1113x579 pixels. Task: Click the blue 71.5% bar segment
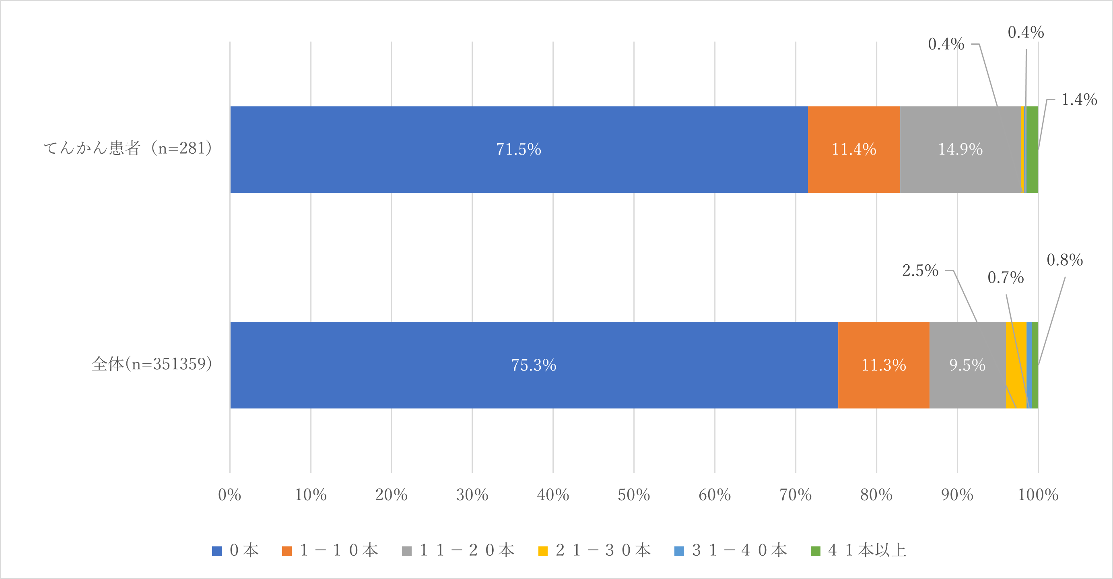(x=519, y=149)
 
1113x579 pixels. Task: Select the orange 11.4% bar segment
(x=854, y=149)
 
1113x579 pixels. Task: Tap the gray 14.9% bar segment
(x=960, y=149)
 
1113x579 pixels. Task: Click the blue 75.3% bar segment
(x=534, y=365)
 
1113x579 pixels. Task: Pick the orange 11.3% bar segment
(x=884, y=365)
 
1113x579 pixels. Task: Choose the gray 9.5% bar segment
(x=967, y=365)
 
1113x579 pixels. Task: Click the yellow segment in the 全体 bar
(x=1015, y=354)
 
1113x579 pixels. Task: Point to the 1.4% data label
(x=1079, y=100)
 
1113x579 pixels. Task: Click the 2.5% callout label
(x=920, y=270)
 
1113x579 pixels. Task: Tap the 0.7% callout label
(x=1006, y=277)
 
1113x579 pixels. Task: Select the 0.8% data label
(x=1065, y=260)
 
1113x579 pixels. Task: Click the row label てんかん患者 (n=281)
(x=128, y=148)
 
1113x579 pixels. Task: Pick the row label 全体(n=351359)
(x=152, y=364)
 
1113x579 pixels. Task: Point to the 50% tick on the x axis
(x=633, y=495)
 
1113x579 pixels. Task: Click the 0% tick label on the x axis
(x=229, y=495)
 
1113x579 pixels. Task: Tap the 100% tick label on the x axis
(x=1038, y=495)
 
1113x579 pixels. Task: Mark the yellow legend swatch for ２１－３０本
(x=543, y=551)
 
